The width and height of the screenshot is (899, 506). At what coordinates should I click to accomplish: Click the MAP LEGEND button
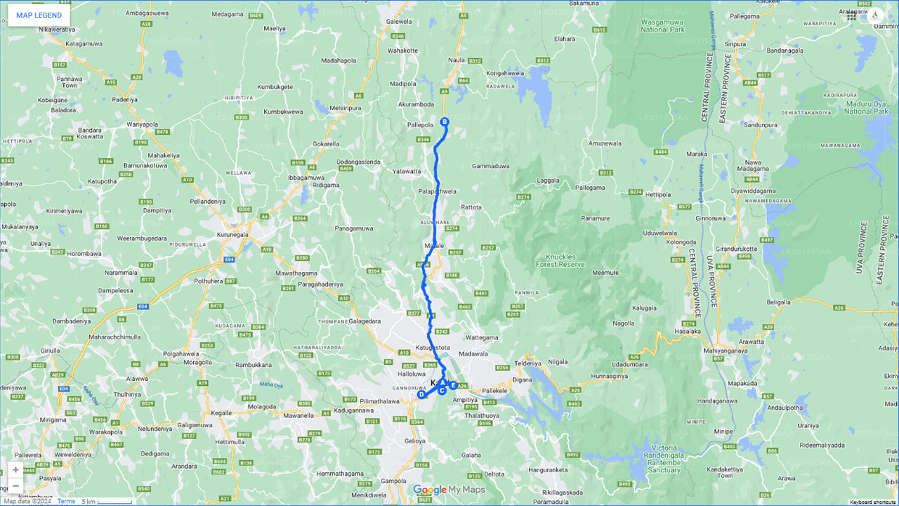click(39, 15)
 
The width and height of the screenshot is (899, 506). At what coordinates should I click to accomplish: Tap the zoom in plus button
click(15, 469)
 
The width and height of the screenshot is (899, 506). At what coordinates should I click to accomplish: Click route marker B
click(444, 122)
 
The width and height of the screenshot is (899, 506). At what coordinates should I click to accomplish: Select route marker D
click(421, 395)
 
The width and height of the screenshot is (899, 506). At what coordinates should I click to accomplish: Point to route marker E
click(453, 385)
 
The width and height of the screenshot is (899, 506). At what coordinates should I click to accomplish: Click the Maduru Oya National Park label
click(867, 107)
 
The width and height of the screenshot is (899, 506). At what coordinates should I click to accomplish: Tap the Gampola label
click(393, 481)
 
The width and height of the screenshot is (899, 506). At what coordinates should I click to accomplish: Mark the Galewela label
click(399, 22)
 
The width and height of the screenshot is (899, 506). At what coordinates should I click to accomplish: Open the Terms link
click(66, 501)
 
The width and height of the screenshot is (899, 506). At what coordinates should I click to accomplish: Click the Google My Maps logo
click(448, 490)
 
